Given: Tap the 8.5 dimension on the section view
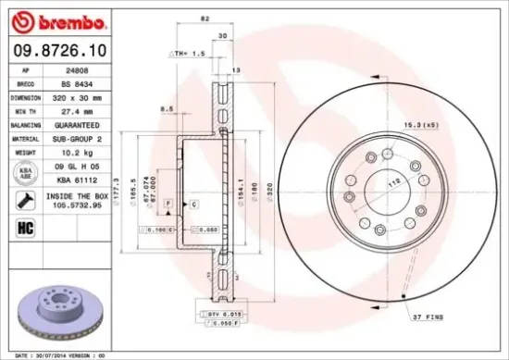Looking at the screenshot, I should point(167,109).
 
